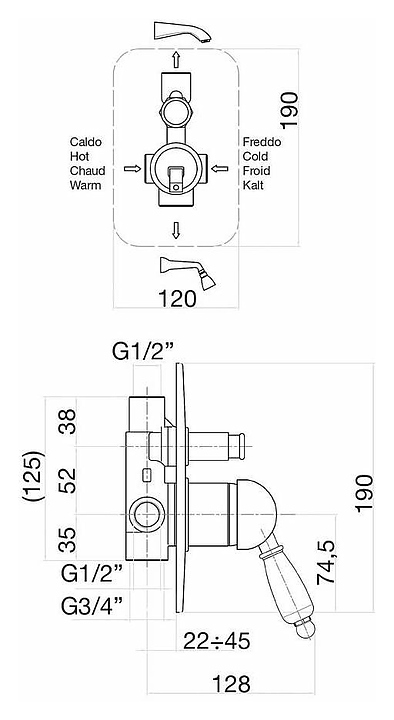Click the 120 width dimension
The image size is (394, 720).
coord(177,299)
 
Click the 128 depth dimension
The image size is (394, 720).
coord(231,684)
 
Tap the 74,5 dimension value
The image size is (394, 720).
coord(327,562)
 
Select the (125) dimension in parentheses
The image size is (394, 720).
coord(35,476)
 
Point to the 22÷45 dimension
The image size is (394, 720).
coord(216,641)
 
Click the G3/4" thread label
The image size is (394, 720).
coord(92,606)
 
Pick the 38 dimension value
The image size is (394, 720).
coord(68,422)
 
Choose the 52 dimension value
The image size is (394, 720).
coord(68,481)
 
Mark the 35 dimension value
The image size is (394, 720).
coord(68,540)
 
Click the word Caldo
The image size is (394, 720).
coord(86,142)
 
